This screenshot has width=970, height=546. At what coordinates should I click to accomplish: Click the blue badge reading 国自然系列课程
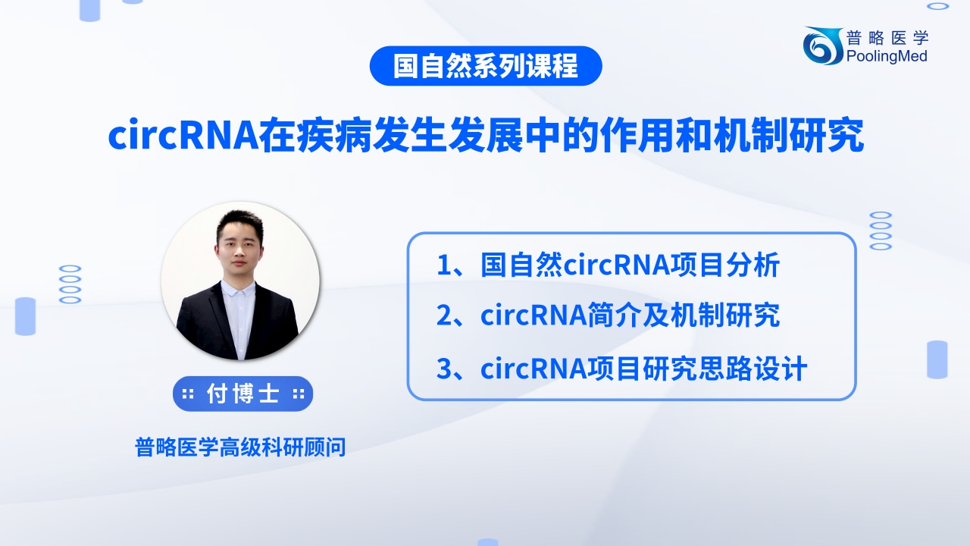pos(486,66)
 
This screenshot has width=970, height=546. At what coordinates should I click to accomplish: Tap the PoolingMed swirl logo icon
pos(822,46)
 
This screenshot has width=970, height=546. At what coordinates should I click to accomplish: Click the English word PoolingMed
pos(887,56)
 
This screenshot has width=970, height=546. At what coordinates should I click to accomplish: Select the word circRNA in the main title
pos(183,136)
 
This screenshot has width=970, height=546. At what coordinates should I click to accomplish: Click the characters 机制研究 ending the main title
pos(789,136)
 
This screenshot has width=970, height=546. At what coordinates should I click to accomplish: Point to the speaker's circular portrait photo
pos(241,281)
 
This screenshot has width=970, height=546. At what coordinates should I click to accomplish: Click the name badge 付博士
pos(243,394)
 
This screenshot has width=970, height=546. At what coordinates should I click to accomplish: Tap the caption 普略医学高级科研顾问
pos(240,447)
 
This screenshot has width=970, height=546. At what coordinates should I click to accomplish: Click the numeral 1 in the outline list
pos(444,265)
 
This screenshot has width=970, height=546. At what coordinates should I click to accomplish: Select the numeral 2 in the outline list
pos(445,315)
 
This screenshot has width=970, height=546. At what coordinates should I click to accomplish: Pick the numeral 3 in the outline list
pos(445,369)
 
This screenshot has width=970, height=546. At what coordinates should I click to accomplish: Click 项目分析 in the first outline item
pos(726,265)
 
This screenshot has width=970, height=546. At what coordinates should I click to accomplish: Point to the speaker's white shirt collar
pos(237,289)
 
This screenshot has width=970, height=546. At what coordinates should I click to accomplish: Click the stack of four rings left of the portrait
pos(70,284)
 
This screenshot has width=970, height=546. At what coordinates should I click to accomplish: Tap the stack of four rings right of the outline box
pos(881,231)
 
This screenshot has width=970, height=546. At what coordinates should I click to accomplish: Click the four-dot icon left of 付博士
pos(188,394)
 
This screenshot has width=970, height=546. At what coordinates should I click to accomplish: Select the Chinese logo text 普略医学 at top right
pos(887,38)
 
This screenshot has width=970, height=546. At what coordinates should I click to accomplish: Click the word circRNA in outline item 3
pos(533,369)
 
